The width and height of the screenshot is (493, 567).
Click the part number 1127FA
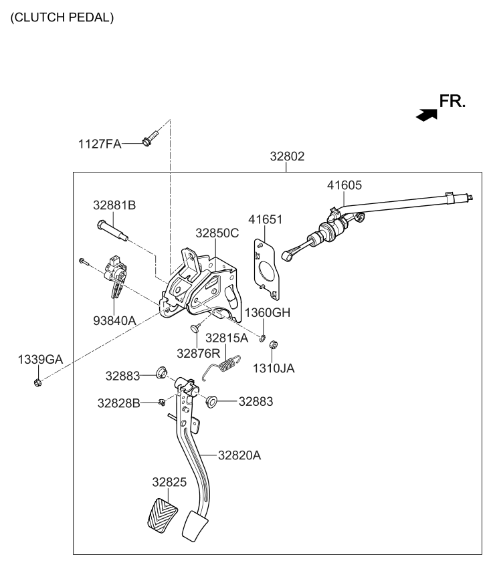[100, 143]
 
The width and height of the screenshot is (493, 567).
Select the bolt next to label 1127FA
[149, 140]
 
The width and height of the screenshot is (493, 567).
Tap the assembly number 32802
[287, 157]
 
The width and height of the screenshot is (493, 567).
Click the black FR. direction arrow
[426, 115]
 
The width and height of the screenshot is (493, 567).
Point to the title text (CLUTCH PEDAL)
[62, 17]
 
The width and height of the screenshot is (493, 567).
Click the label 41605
[344, 185]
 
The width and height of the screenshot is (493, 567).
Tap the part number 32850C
[217, 233]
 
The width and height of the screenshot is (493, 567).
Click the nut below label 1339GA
[38, 382]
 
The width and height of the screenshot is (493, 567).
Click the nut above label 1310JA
[273, 346]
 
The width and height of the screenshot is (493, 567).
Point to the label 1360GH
[267, 313]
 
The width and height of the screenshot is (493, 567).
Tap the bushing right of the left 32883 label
[161, 372]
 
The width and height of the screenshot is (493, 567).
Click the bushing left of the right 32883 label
[212, 401]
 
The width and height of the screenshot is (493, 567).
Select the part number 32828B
[118, 403]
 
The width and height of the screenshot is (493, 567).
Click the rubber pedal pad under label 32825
[161, 514]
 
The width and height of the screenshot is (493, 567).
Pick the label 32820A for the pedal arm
[239, 455]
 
